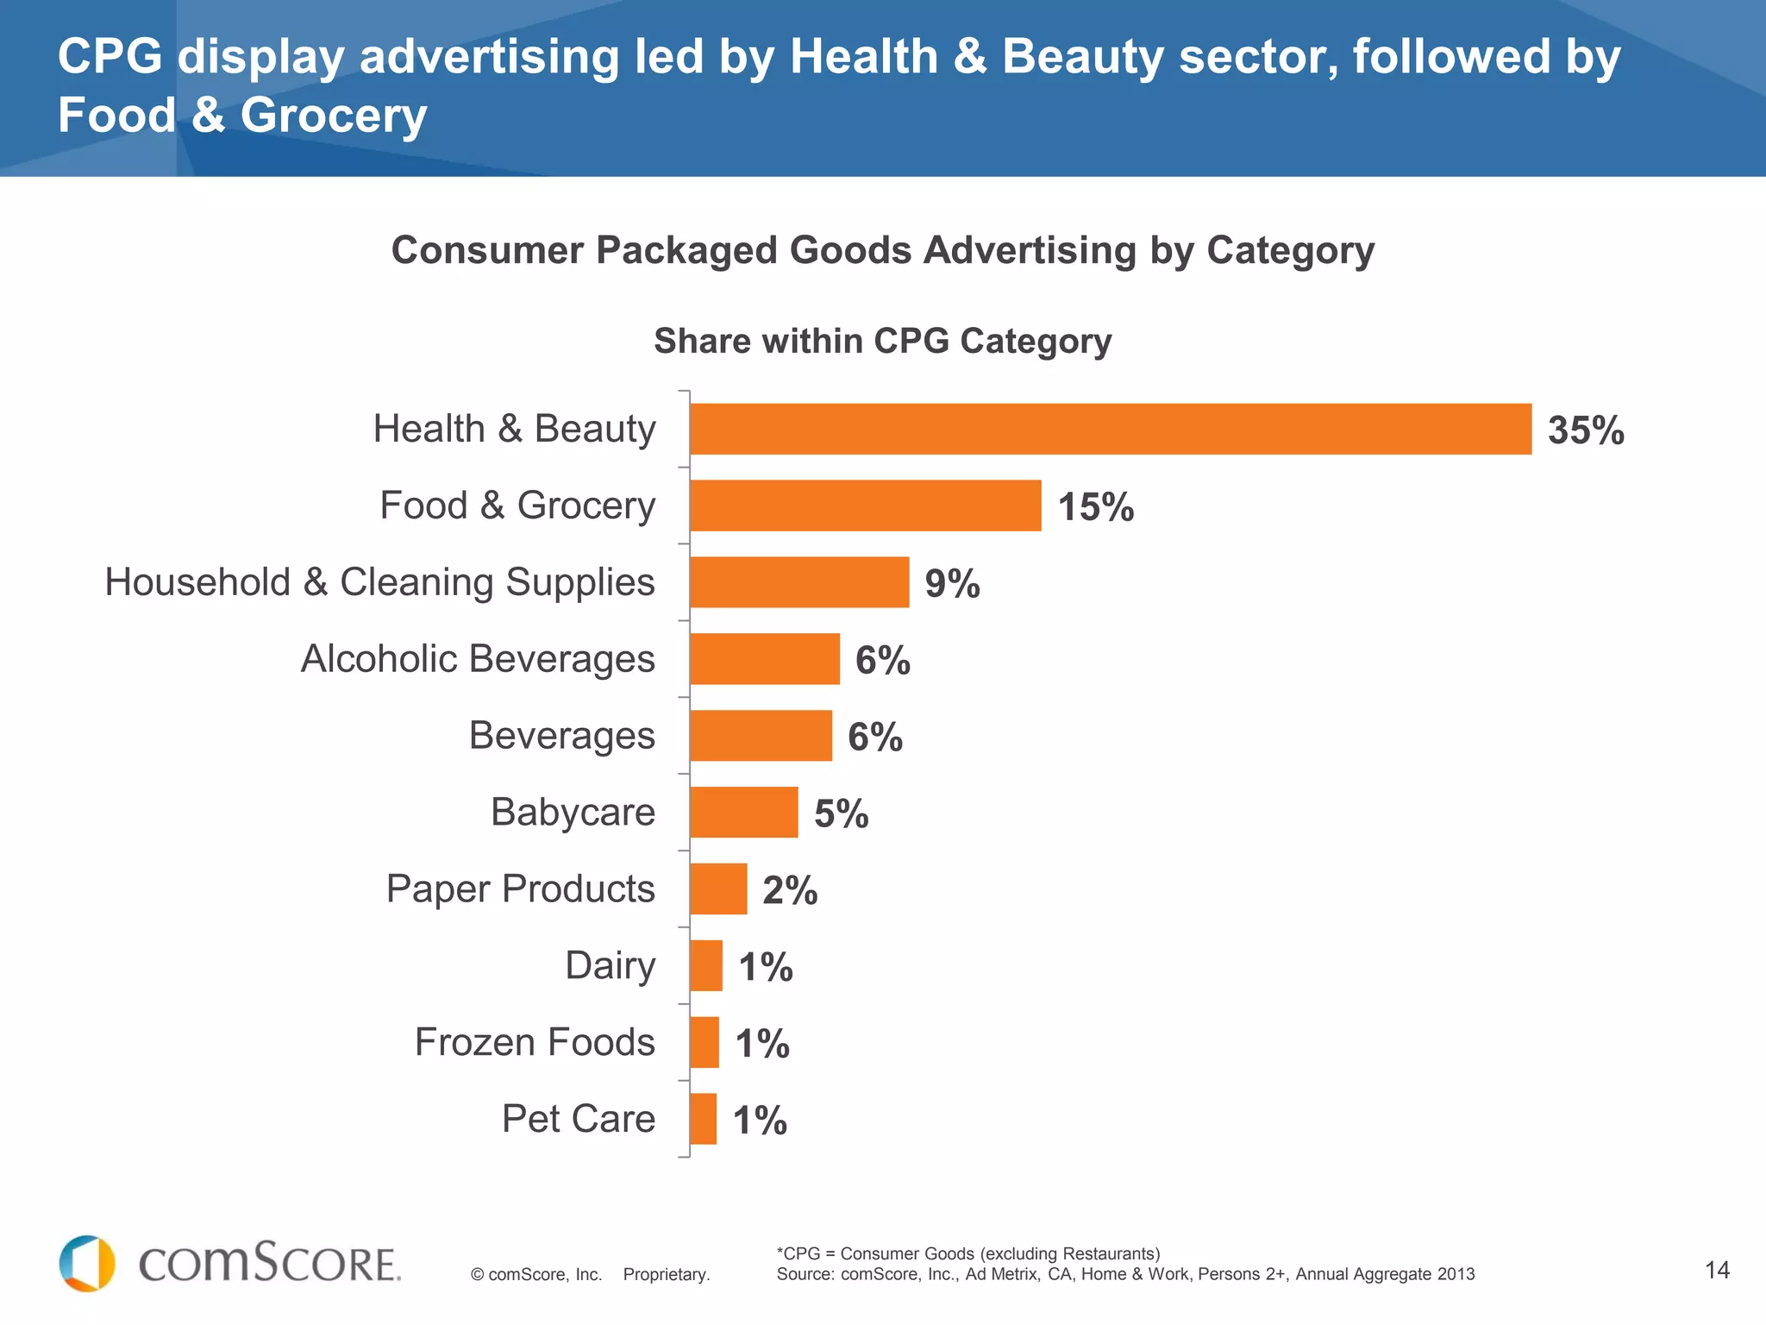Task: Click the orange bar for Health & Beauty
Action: click(1111, 429)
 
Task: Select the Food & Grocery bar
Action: click(865, 506)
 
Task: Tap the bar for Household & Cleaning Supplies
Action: click(799, 582)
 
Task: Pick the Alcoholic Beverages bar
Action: click(764, 659)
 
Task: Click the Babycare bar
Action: click(743, 812)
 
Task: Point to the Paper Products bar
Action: click(718, 889)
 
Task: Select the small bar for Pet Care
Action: click(704, 1119)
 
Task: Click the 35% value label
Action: click(1586, 430)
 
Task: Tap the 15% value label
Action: click(1095, 507)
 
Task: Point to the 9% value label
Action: click(952, 584)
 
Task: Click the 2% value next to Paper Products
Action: click(790, 890)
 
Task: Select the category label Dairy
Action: click(610, 965)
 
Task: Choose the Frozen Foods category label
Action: click(535, 1042)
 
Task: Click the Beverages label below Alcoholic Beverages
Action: click(561, 736)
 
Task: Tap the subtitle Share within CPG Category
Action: click(882, 341)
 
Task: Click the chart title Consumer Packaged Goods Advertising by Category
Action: click(882, 251)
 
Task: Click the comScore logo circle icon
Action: click(87, 1264)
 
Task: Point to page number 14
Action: click(1717, 1270)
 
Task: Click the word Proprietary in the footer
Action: click(666, 1275)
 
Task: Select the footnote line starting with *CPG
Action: click(968, 1253)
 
